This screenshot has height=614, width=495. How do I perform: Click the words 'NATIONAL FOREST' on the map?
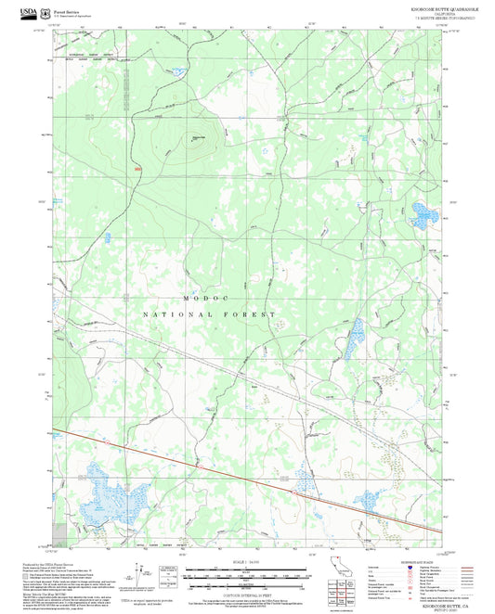click(x=208, y=315)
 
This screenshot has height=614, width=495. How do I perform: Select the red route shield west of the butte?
click(x=138, y=169)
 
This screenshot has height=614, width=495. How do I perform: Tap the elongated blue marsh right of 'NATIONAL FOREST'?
click(x=353, y=339)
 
